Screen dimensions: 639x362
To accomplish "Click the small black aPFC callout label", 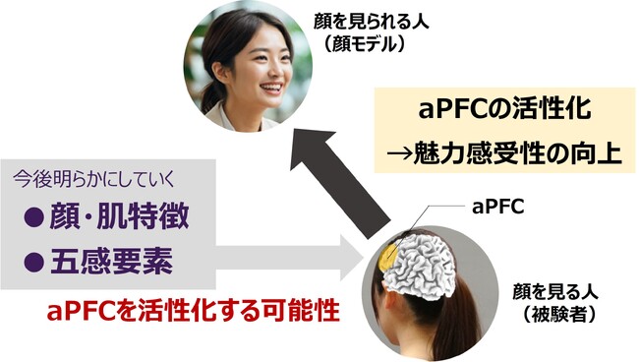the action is coord(494,209).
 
